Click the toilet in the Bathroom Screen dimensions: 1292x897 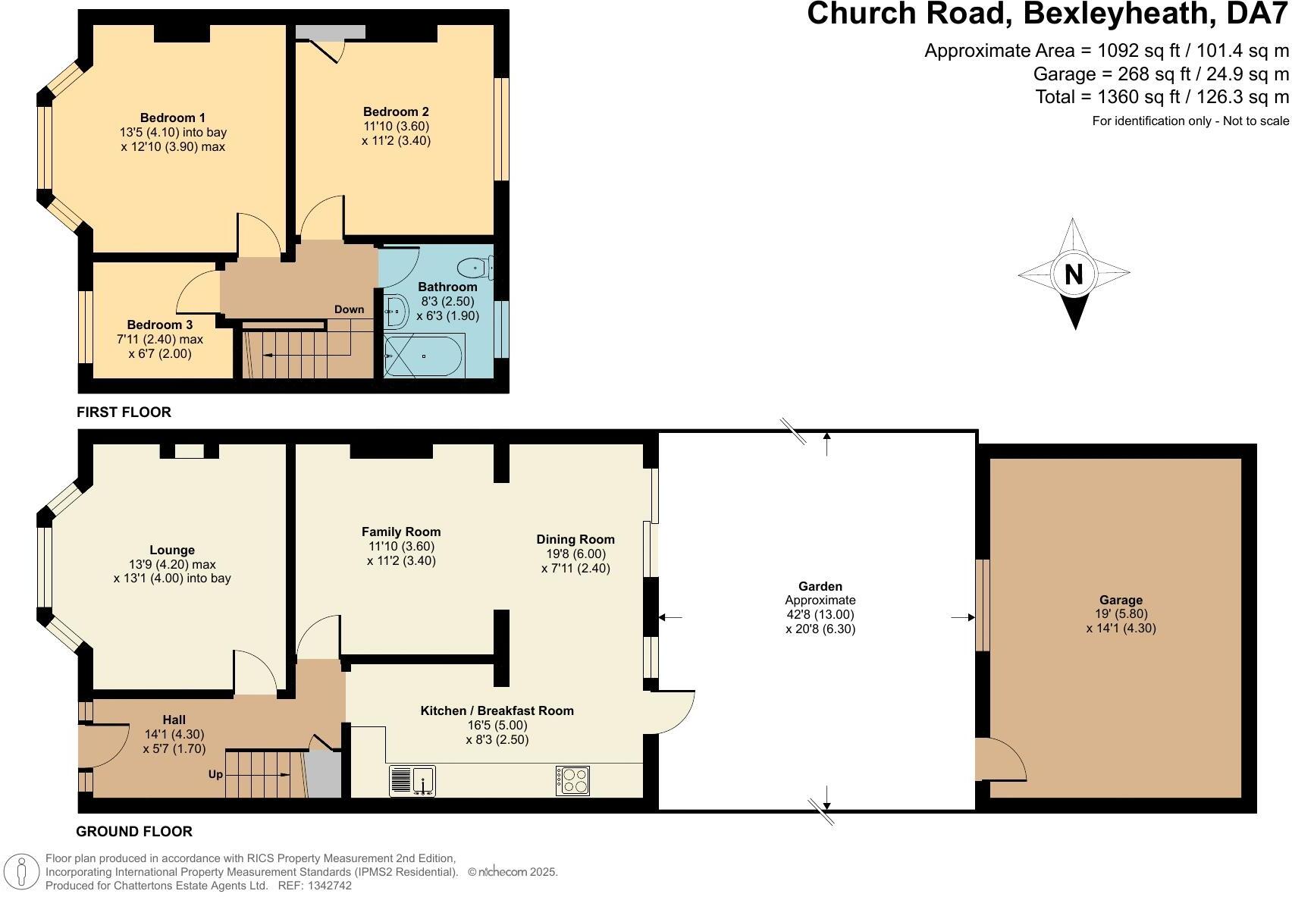(x=476, y=268)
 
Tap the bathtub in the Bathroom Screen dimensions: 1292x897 (x=424, y=356)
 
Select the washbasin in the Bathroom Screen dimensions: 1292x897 (x=397, y=311)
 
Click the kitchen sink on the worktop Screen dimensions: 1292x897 (x=412, y=780)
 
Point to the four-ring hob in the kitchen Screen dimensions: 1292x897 (x=572, y=780)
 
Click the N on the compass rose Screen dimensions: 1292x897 (x=1074, y=274)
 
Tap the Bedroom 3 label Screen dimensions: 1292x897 (x=160, y=325)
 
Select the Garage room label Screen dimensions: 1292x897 (x=1121, y=600)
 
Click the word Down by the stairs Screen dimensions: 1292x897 (x=349, y=310)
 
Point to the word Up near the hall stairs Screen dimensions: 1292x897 (x=216, y=774)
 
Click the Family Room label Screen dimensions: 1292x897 (x=401, y=532)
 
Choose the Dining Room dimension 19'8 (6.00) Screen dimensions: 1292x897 (x=575, y=554)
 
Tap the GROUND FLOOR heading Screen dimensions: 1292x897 (x=134, y=831)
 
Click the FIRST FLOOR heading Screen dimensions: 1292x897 (x=124, y=412)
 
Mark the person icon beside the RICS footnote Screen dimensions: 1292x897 (x=21, y=872)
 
